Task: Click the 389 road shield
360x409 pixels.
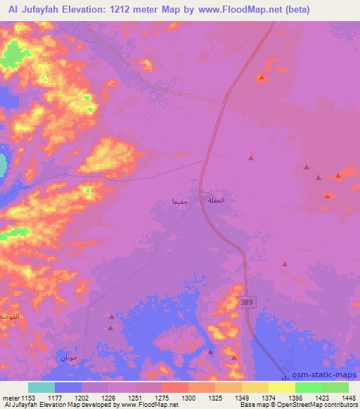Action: pyautogui.click(x=245, y=302)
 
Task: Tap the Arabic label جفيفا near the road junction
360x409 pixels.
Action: pyautogui.click(x=180, y=202)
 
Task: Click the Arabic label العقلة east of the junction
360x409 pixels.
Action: pyautogui.click(x=216, y=201)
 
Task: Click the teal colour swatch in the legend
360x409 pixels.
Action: pyautogui.click(x=41, y=387)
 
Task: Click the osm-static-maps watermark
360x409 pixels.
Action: pyautogui.click(x=323, y=375)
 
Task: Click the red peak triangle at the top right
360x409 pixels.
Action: pyautogui.click(x=261, y=77)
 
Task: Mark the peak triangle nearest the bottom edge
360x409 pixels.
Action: pyautogui.click(x=210, y=351)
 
